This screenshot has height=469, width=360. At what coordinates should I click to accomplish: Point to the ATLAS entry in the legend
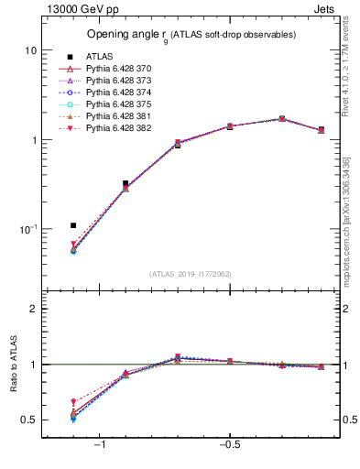tap(100, 57)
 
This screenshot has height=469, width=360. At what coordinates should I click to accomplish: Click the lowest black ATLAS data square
tap(73, 225)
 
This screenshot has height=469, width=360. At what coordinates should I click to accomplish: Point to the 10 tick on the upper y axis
tap(30, 50)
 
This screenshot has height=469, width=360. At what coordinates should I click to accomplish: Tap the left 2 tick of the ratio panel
tap(33, 309)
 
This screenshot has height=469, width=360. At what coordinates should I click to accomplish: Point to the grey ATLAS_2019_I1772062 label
tap(191, 274)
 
